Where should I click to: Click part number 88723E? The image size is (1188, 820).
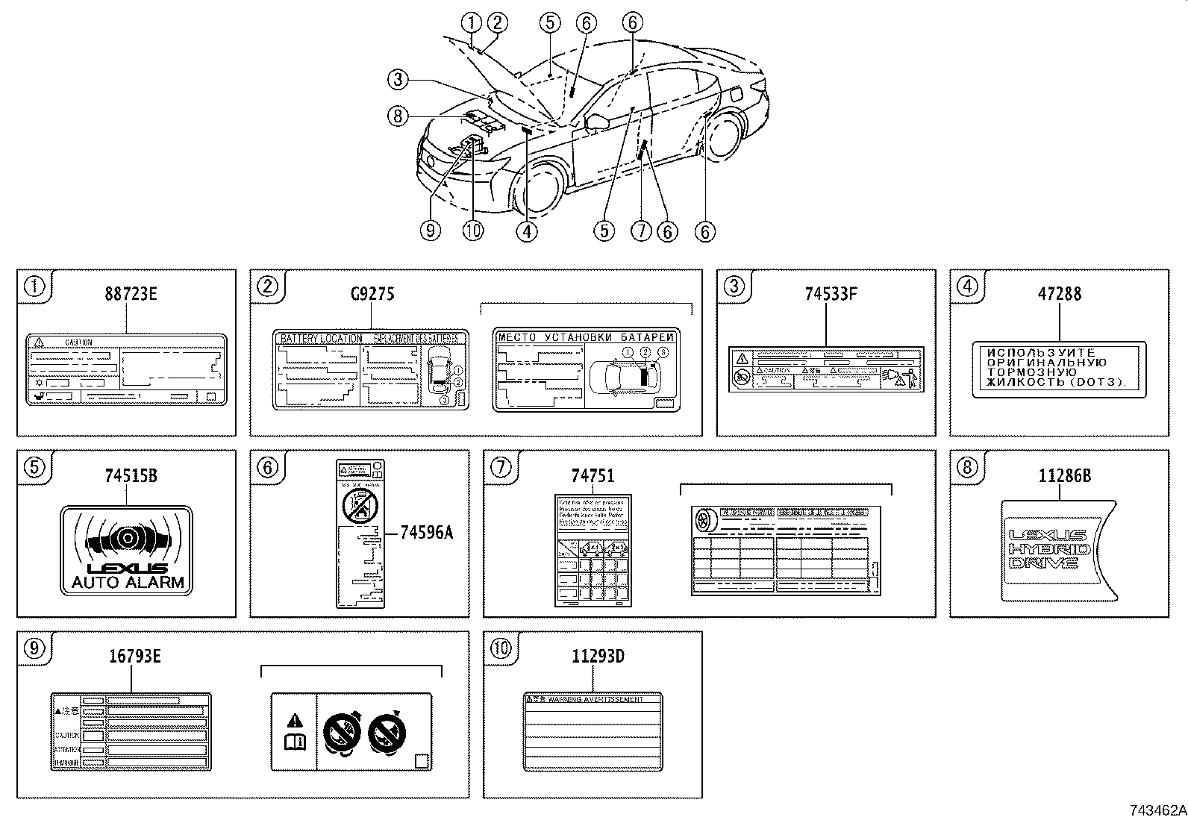click(131, 294)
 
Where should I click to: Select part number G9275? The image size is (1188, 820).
click(372, 294)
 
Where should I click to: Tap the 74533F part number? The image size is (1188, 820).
click(831, 294)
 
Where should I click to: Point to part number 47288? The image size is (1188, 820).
click(1059, 294)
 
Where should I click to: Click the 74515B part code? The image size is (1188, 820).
click(131, 475)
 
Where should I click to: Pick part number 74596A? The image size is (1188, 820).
click(427, 532)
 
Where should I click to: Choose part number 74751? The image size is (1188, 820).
click(593, 475)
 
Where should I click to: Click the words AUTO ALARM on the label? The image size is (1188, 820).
click(128, 583)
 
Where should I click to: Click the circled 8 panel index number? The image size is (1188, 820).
click(966, 468)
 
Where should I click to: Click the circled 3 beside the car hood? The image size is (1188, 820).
click(398, 79)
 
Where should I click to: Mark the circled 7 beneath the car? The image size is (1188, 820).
click(641, 231)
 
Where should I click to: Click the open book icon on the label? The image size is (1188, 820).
click(296, 742)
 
